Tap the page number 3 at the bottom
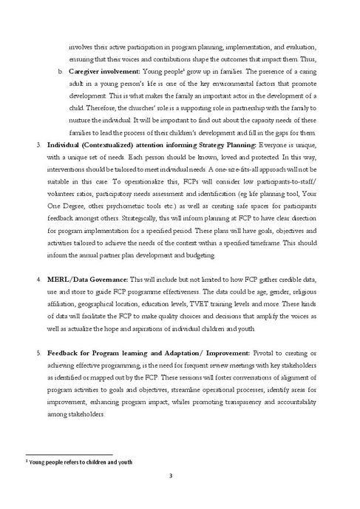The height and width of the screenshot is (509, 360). point(180,486)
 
